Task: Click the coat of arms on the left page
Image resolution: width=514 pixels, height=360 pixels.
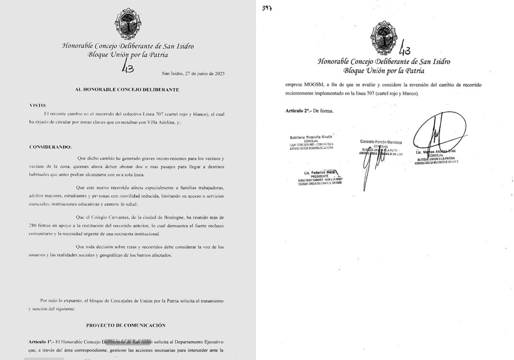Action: [127, 24]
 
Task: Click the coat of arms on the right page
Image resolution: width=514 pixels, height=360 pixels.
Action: [384, 37]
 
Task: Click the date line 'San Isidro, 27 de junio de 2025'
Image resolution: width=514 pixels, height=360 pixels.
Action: [193, 74]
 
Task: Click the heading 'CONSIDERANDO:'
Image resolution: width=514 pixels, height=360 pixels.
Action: [50, 147]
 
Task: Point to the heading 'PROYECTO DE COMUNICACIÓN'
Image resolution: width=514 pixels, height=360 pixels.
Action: [126, 325]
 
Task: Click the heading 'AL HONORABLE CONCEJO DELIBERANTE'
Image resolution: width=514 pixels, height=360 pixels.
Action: [127, 89]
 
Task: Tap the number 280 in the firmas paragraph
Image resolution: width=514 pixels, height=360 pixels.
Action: [35, 226]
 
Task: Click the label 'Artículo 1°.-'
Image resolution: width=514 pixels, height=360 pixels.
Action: [42, 342]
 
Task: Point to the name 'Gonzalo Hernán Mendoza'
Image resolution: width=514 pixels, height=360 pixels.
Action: [381, 141]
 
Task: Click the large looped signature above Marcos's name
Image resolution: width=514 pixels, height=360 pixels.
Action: [435, 134]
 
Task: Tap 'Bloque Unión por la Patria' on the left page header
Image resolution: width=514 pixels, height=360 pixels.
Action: [127, 54]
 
